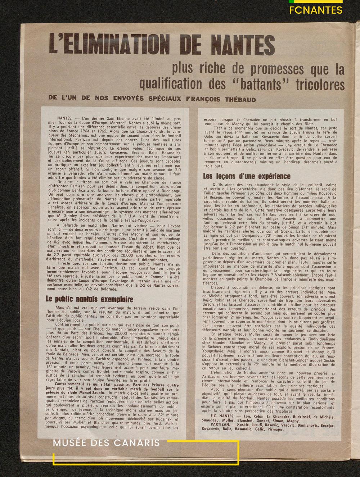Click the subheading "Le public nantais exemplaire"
[89, 299]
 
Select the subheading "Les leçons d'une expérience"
[246, 176]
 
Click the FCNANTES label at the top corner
[316, 10]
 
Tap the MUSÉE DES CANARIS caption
[106, 443]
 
